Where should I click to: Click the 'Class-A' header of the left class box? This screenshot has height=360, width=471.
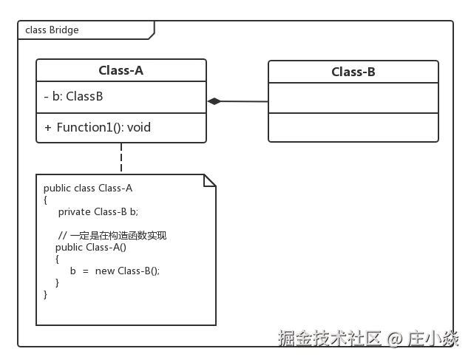pyautogui.click(x=121, y=70)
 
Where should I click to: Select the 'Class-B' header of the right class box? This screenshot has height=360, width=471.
pyautogui.click(x=353, y=71)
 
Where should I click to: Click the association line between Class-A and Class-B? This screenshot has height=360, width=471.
pyautogui.click(x=244, y=104)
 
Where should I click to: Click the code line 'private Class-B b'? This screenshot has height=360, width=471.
pyautogui.click(x=98, y=212)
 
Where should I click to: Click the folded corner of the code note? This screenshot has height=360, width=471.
pyautogui.click(x=211, y=180)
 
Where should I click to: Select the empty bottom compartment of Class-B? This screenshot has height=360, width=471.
pyautogui.click(x=353, y=126)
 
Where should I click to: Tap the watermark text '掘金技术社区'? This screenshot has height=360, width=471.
pyautogui.click(x=328, y=339)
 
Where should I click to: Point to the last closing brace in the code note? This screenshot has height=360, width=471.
pyautogui.click(x=45, y=295)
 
